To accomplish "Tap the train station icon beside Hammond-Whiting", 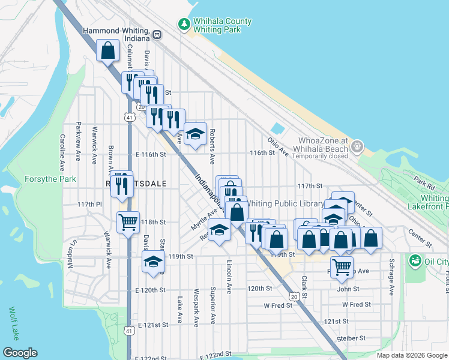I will tap(157, 35).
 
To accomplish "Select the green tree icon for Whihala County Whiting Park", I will tap(184, 23).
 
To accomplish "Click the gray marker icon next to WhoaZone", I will tap(358, 146).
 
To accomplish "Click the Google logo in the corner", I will tap(20, 353).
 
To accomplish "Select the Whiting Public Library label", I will tap(286, 204).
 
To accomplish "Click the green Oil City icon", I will tap(414, 261).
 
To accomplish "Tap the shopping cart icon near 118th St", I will tap(128, 223).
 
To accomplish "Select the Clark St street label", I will tap(304, 286).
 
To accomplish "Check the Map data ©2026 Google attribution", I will tap(412, 355).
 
